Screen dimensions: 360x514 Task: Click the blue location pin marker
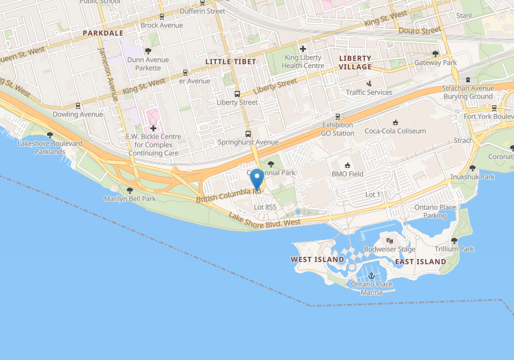(x=257, y=179)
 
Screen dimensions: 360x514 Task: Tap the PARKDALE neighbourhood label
(x=103, y=33)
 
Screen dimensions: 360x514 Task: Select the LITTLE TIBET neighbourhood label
(x=230, y=62)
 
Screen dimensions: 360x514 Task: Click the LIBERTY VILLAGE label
(x=355, y=62)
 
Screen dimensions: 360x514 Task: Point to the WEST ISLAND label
(x=318, y=259)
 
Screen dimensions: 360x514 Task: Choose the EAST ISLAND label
(x=420, y=261)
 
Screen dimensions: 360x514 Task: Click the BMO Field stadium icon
(x=347, y=165)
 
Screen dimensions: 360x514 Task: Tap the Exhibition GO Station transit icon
(x=338, y=116)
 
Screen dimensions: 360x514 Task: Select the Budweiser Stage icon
(x=390, y=241)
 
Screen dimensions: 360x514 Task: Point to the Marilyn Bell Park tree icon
(x=130, y=190)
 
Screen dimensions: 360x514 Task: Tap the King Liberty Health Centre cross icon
(x=303, y=49)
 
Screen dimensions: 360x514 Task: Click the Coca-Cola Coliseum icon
(x=395, y=122)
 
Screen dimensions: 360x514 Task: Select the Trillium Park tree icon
(x=454, y=241)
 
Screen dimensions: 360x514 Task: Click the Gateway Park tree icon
(x=435, y=54)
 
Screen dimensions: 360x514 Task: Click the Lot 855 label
(x=265, y=207)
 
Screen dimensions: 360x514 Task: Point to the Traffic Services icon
(x=369, y=83)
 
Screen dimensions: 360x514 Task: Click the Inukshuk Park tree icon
(x=472, y=169)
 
